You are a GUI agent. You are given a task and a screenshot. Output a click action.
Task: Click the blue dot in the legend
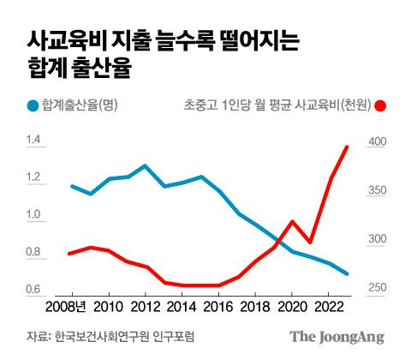point(33,105)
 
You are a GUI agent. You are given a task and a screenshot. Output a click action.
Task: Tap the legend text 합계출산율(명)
point(81,105)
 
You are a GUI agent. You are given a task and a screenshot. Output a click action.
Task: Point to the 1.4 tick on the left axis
point(34,141)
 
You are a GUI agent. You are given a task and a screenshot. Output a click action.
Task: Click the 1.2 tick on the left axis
point(34,177)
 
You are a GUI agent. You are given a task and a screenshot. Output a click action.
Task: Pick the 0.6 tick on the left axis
point(34,288)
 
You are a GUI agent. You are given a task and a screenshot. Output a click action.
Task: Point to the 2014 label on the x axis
point(182,306)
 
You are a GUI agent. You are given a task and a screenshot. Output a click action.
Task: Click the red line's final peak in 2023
point(347,147)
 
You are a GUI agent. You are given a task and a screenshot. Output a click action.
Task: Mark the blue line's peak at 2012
point(145,165)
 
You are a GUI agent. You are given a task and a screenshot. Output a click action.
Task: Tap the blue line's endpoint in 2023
point(347,274)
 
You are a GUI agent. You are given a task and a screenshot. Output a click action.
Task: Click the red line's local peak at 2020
point(292,221)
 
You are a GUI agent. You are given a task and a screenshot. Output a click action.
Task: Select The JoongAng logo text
point(336,336)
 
